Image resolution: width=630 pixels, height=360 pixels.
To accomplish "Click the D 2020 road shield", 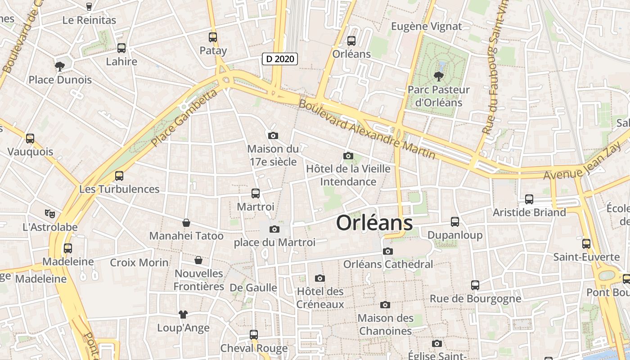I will coord(280,58).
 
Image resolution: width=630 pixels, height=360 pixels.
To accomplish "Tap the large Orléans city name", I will coord(374,223).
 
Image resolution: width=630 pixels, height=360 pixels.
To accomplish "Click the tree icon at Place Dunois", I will coord(59,67).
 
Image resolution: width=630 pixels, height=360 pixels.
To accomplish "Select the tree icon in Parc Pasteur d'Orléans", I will coord(438,76).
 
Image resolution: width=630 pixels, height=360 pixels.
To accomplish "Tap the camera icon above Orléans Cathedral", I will coord(388,251).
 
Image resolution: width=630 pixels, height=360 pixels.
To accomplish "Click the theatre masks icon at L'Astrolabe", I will coord(49,213).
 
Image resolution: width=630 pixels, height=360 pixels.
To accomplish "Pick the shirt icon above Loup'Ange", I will coord(183,314).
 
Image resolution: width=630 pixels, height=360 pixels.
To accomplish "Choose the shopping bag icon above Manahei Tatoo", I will coord(186,223).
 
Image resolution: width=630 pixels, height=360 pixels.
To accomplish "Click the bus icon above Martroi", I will coord(256,193).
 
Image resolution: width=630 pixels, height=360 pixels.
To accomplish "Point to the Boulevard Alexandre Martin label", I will coord(367,129).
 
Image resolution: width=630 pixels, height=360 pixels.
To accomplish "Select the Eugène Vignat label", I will coord(426,26).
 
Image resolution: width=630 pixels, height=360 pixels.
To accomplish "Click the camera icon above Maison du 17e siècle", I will coord(273,135).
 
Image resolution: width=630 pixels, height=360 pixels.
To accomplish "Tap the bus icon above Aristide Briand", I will coord(529,199).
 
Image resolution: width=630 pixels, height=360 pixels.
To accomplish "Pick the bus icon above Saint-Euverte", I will coord(586,244).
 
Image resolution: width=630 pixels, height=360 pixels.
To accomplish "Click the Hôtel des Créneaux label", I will coord(320,298).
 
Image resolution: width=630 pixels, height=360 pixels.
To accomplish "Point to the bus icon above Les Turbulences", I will coord(119,176).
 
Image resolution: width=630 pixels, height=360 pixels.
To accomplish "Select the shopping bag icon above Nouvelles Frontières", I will coord(198,260).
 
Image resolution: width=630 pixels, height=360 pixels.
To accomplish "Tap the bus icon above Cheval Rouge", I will coord(254,335).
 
